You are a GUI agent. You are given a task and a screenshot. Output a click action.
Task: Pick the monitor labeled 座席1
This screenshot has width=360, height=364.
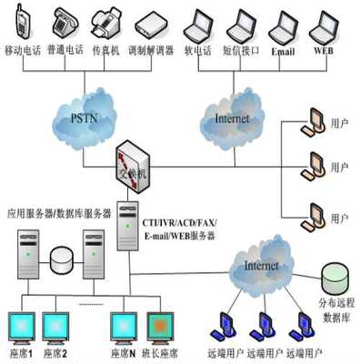(x=23, y=327)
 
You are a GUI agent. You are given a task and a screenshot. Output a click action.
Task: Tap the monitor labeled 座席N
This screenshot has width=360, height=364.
(x=125, y=327)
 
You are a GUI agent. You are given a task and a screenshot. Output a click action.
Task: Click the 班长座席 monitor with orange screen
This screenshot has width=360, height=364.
(x=163, y=327)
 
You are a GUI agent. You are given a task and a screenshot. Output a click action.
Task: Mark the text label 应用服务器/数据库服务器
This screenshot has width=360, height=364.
(x=59, y=213)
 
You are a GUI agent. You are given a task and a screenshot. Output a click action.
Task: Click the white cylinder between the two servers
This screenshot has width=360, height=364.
(x=62, y=259)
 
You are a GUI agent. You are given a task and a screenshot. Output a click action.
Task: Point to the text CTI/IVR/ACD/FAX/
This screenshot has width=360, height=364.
(x=178, y=221)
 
